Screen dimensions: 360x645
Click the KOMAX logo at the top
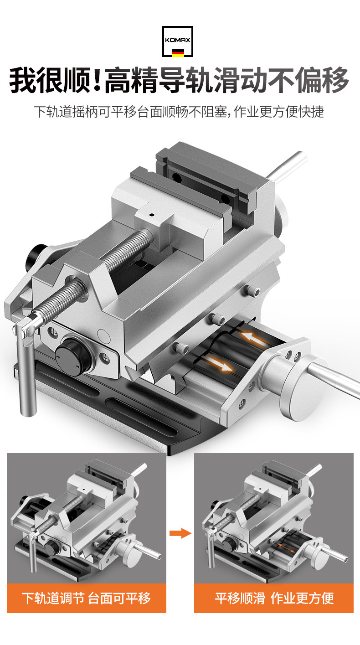(x=178, y=41)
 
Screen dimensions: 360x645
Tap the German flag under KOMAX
(x=178, y=53)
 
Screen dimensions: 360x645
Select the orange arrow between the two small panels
(x=180, y=533)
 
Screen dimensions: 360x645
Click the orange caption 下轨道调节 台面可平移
(x=86, y=599)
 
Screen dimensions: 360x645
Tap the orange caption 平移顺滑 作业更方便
(x=274, y=599)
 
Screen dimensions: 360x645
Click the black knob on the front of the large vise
(x=73, y=357)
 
